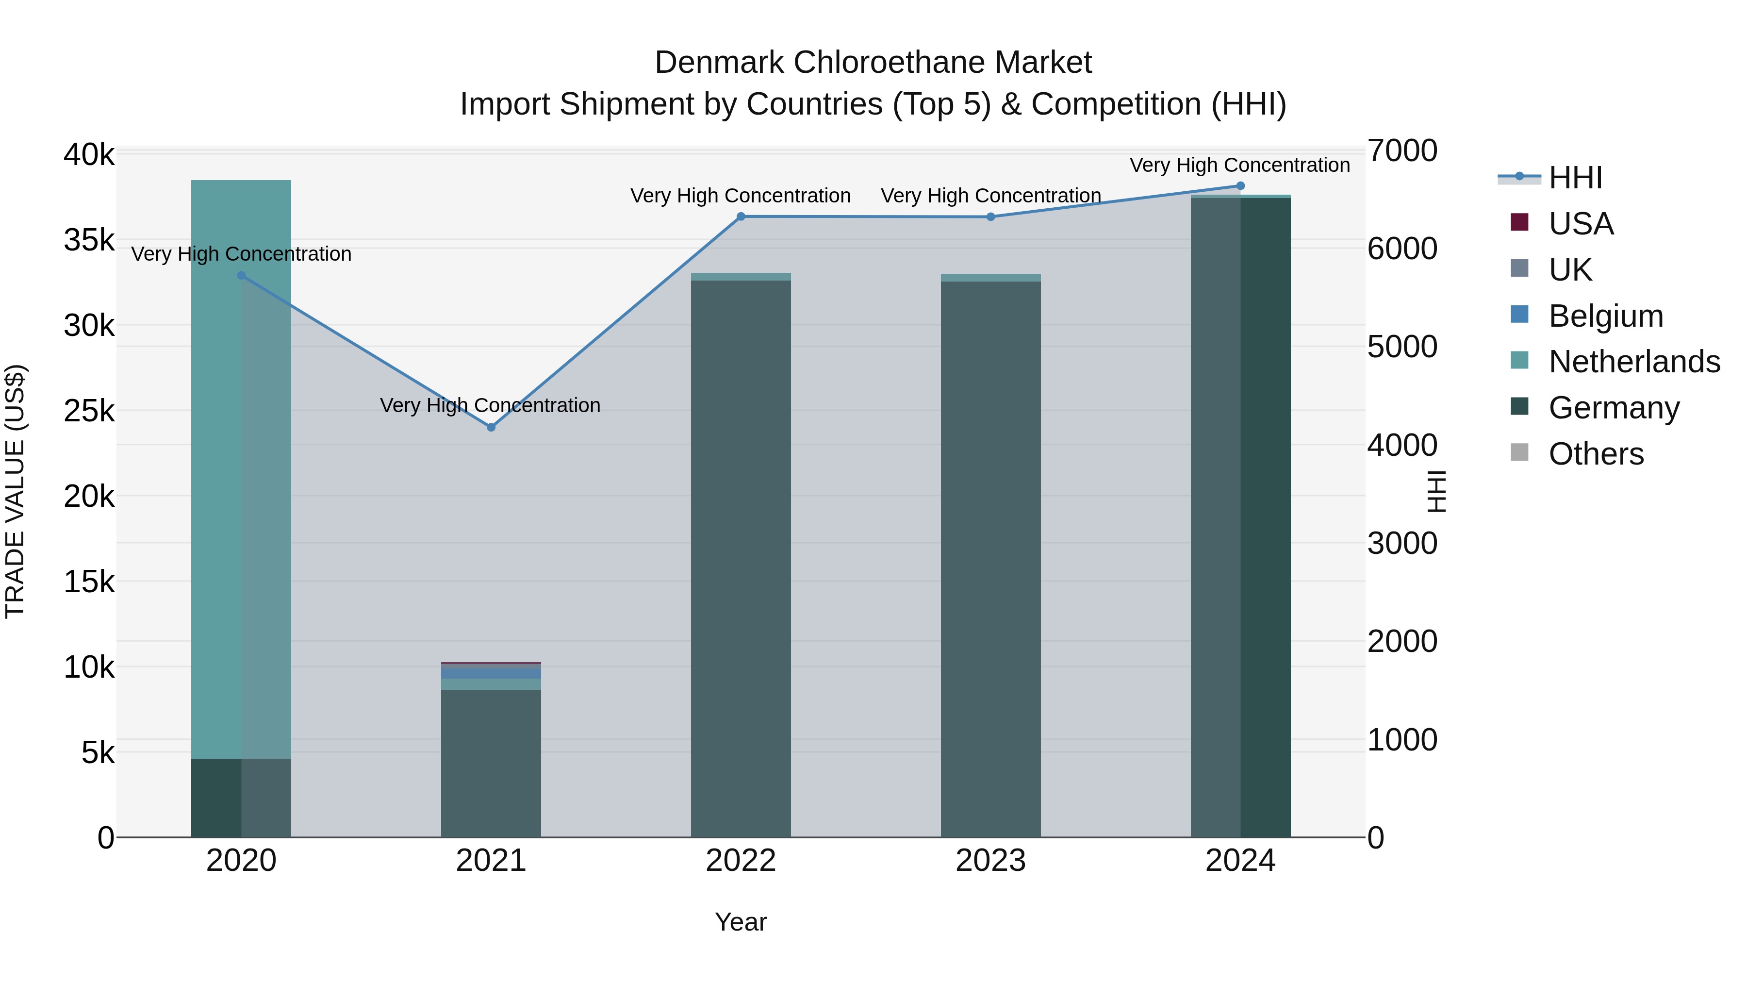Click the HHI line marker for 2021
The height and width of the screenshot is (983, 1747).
pos(491,427)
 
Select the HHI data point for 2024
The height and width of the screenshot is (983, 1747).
pos(1240,186)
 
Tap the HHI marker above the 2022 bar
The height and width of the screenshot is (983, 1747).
pos(741,217)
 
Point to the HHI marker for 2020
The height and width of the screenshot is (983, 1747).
pos(242,275)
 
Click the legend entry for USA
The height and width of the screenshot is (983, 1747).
pos(1580,224)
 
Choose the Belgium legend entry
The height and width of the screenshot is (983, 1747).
pos(1605,316)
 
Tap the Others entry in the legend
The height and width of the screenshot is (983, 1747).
pos(1596,454)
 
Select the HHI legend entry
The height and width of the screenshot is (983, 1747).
pos(1575,178)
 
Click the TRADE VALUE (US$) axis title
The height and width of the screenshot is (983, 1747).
pos(15,491)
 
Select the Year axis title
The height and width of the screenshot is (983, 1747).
pos(741,922)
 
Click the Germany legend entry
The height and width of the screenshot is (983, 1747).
pos(1614,408)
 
